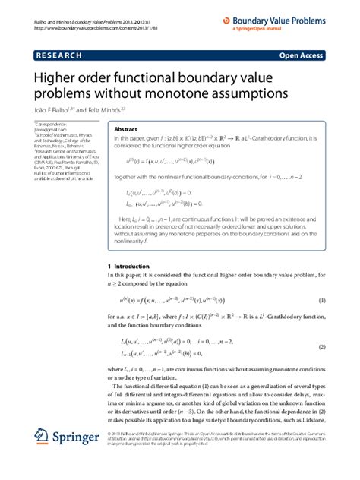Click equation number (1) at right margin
pos(322,301)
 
